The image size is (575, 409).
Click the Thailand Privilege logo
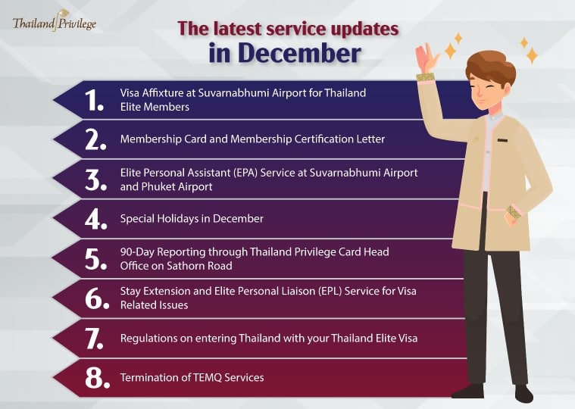[55, 23]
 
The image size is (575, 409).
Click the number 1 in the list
[93, 100]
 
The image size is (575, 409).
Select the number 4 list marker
[95, 220]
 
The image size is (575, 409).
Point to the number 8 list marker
[97, 378]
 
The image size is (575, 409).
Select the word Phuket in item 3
[156, 186]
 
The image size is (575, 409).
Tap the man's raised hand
[426, 58]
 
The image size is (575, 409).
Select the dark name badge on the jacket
[502, 140]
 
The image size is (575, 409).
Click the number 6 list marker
[97, 298]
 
